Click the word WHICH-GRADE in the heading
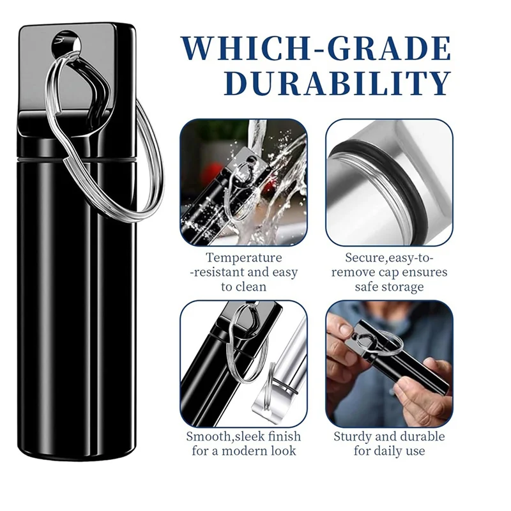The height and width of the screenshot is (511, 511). (316, 49)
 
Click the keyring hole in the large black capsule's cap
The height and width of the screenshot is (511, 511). (66, 43)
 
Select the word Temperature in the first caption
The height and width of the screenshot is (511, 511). (244, 257)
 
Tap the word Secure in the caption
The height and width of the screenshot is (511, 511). (364, 257)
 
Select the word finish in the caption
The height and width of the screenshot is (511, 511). (283, 436)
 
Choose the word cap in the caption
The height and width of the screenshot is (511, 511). (389, 272)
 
